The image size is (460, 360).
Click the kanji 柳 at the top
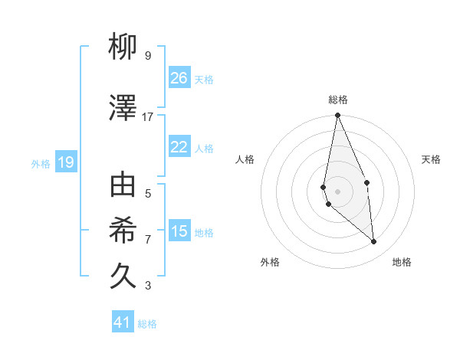point(123,48)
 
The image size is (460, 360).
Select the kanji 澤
point(123,109)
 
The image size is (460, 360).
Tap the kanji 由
point(123,186)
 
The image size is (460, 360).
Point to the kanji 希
point(123,231)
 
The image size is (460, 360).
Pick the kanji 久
point(123,276)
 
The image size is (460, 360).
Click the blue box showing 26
point(179,77)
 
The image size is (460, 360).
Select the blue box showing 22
point(179,147)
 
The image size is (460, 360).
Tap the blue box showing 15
point(179,231)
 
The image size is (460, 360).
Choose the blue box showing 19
point(65,162)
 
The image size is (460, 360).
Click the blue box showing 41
point(123,322)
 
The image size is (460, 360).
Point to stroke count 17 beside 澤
point(148,117)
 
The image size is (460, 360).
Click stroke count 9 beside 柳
point(148,56)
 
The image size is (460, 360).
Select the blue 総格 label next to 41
point(147,324)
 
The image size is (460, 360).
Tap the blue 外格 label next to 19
point(41,163)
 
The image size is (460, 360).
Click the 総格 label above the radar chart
point(338,100)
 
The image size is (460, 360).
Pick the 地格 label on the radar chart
point(402,263)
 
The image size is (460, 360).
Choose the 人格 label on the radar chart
point(245,159)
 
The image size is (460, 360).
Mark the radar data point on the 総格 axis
point(337,116)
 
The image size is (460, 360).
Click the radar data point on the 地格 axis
point(374,242)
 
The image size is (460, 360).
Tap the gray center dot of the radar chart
point(337,191)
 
